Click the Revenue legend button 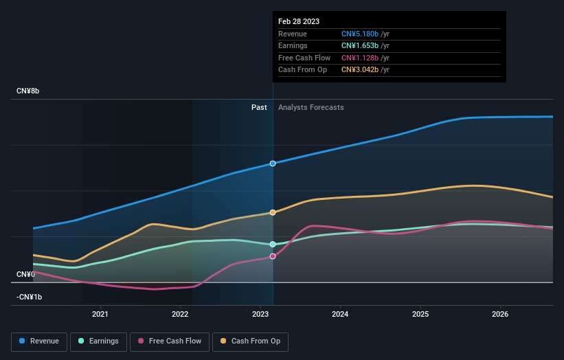click(x=39, y=341)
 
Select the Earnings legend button click(x=98, y=341)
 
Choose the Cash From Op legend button click(x=250, y=341)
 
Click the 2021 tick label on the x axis click(x=100, y=314)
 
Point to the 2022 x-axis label click(x=180, y=314)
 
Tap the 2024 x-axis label click(x=340, y=314)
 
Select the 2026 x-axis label click(x=500, y=314)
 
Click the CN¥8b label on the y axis click(x=28, y=91)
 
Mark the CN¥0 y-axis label click(x=25, y=274)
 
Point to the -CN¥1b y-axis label click(x=29, y=297)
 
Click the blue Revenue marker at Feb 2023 click(x=273, y=164)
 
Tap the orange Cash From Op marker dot click(x=273, y=212)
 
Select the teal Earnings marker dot click(x=273, y=245)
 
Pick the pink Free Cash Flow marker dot click(x=273, y=256)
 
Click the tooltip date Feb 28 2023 click(x=299, y=22)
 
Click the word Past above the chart click(x=259, y=107)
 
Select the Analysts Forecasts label click(x=311, y=107)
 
